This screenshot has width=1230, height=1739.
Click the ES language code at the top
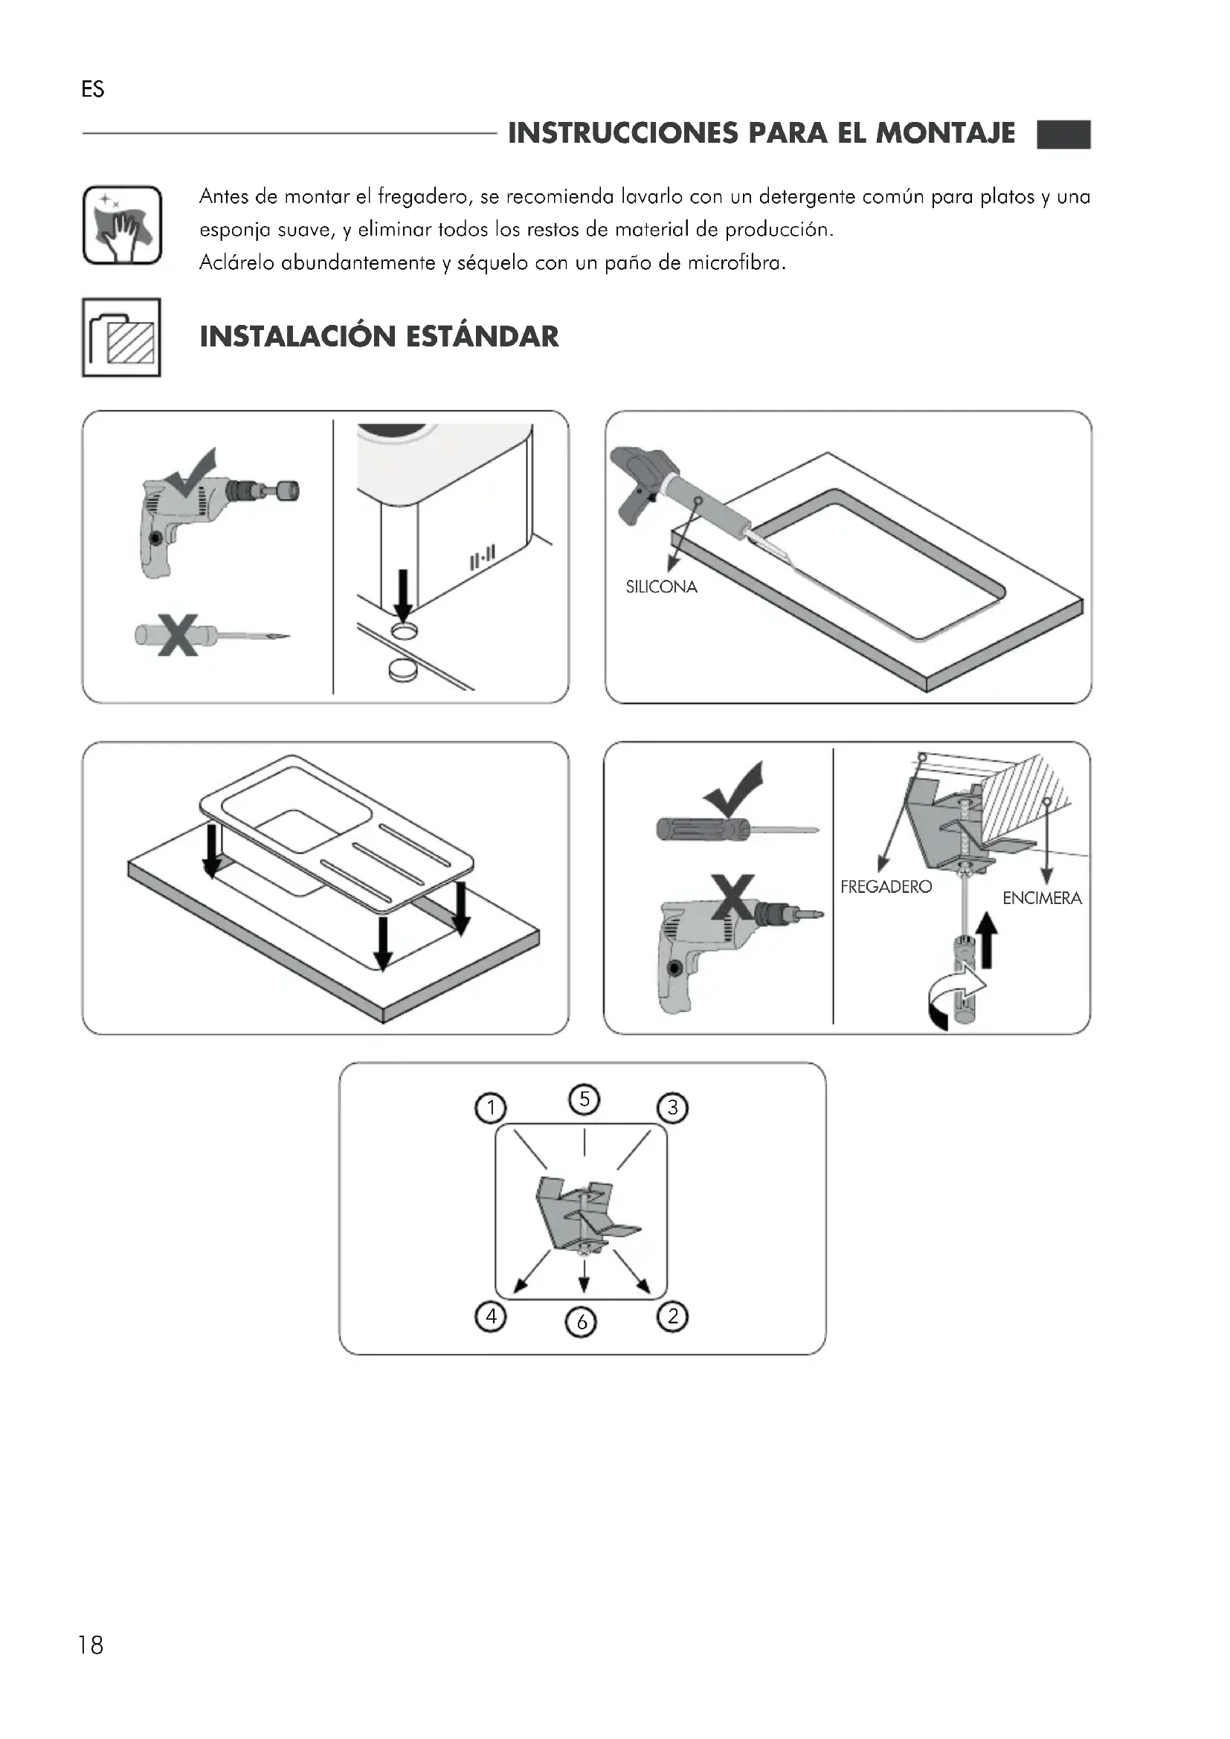tap(92, 89)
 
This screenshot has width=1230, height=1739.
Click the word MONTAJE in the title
tap(945, 133)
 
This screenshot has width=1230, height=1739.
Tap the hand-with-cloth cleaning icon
tap(122, 225)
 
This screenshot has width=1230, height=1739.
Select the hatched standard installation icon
tap(121, 337)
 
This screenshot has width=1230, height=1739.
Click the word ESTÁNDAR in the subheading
tap(483, 336)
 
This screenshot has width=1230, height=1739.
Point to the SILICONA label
tap(661, 587)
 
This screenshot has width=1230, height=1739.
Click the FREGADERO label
tap(886, 887)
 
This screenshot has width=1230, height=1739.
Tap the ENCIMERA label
tap(1042, 898)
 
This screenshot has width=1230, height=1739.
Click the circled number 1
tap(491, 1108)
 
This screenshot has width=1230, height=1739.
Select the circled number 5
tap(584, 1099)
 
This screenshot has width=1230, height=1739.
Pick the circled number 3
tap(672, 1108)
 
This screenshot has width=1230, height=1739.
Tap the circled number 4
tap(491, 1317)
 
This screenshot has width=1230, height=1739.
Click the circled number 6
tap(582, 1322)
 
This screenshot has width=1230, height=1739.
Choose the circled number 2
tap(672, 1317)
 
